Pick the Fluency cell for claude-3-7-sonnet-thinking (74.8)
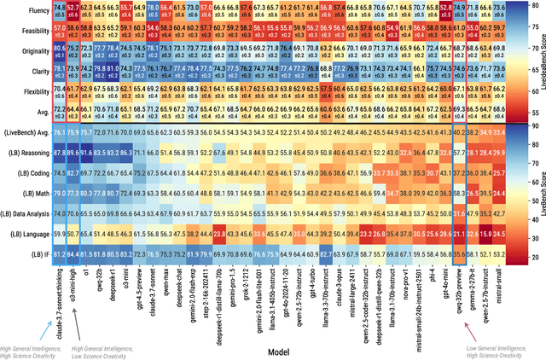[x=57, y=9]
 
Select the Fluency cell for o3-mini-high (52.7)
[x=73, y=9]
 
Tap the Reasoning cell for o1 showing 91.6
[x=88, y=152]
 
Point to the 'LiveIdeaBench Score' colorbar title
[x=539, y=60]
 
